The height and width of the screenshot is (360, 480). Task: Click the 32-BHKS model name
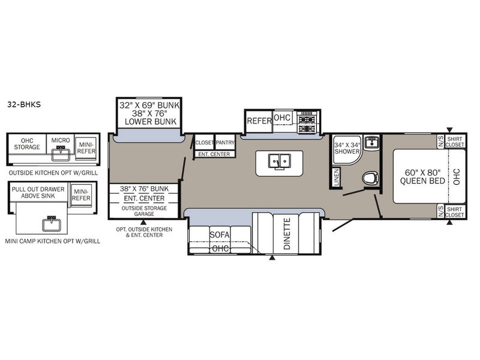[x=24, y=104]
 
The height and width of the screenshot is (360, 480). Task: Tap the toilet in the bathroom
[x=370, y=178]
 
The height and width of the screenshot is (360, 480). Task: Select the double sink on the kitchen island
[x=279, y=161]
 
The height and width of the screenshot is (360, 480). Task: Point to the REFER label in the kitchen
[x=259, y=121]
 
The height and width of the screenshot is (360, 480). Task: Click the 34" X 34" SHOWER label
[x=347, y=148]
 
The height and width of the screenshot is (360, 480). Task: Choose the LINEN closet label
[x=337, y=177]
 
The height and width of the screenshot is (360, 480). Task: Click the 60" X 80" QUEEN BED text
[x=422, y=177]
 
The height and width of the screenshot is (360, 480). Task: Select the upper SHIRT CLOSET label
[x=455, y=142]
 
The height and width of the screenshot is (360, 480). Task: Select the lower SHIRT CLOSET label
[x=455, y=212]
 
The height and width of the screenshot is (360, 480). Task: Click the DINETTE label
[x=287, y=233]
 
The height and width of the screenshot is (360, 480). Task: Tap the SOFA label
[x=220, y=235]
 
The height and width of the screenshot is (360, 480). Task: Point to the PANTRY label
[x=225, y=143]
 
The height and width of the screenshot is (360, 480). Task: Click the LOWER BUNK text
[x=151, y=122]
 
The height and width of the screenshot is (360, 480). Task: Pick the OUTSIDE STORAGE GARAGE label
[x=144, y=211]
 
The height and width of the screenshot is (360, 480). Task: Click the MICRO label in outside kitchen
[x=61, y=140]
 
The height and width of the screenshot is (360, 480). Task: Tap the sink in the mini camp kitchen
[x=51, y=224]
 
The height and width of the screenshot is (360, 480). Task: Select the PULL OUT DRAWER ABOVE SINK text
[x=38, y=193]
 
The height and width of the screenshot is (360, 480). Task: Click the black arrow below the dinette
[x=272, y=258]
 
